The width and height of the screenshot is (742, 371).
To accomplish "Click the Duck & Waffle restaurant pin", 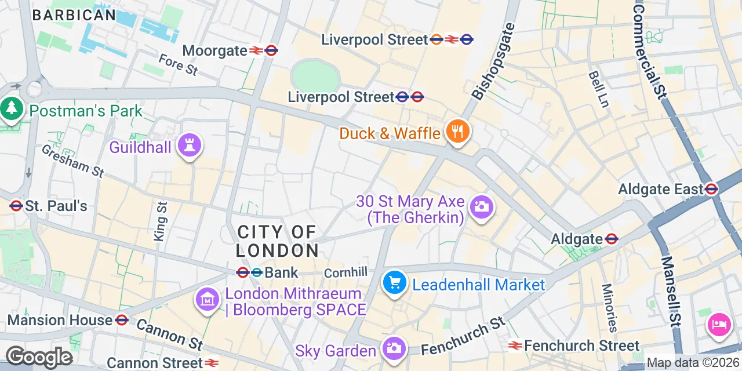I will [458, 132].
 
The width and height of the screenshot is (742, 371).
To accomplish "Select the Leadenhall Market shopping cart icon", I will [395, 284].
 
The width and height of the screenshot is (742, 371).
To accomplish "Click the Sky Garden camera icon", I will [394, 348].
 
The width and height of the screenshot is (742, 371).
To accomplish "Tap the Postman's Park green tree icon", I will [11, 108].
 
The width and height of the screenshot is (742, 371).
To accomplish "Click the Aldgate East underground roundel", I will [711, 189].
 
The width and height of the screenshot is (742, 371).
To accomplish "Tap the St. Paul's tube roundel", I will [16, 206].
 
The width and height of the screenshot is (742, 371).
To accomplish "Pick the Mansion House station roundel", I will [121, 320].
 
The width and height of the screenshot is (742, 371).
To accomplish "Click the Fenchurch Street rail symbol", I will [515, 346].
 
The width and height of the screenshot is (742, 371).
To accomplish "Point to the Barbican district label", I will [74, 16].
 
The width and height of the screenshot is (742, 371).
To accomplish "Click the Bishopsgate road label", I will [493, 61].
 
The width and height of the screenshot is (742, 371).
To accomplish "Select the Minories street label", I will [609, 307].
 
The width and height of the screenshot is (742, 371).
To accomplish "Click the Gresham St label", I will [72, 161].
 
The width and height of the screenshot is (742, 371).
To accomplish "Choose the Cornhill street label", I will [345, 272].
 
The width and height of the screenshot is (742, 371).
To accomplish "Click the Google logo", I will [39, 358].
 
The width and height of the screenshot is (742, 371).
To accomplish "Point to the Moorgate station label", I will [215, 51].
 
